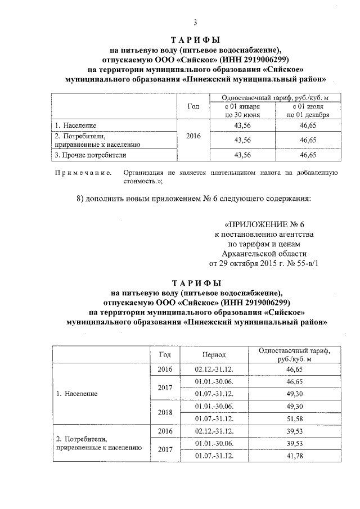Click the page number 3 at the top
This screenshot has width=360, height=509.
[195, 22]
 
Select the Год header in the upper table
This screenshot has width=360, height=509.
[192, 106]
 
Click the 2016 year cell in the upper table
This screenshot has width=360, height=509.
[192, 137]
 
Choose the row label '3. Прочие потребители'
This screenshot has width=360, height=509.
[90, 154]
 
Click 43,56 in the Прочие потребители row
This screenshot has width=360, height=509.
[242, 154]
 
